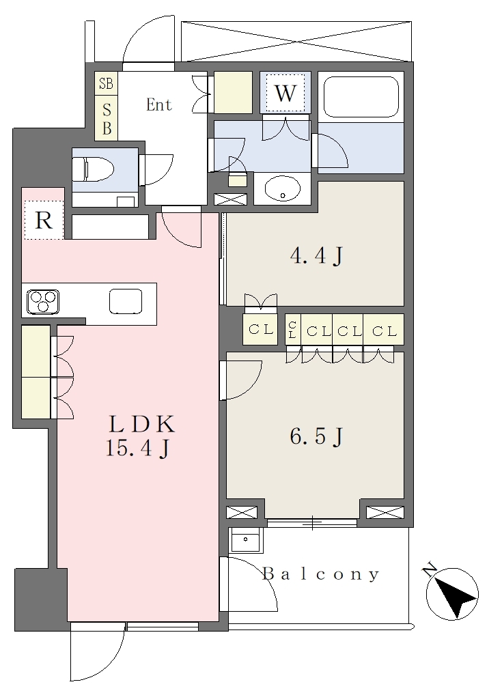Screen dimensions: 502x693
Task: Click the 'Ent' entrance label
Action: (158, 104)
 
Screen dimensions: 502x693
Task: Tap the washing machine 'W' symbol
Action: (285, 93)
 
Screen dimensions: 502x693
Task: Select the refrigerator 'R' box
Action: (44, 220)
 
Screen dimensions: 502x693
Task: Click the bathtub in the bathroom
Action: (361, 97)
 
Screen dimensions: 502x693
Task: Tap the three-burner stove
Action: (43, 301)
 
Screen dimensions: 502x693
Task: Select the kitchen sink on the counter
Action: (126, 301)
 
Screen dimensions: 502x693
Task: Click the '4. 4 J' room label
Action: (316, 255)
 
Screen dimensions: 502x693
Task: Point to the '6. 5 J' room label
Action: (316, 437)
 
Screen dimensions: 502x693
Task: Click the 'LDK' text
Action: (141, 424)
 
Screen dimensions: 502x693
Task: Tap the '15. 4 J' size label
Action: (137, 449)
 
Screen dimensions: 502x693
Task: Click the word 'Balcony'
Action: (320, 574)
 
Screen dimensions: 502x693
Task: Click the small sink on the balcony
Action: (245, 540)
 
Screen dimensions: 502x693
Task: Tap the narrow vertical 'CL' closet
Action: (292, 329)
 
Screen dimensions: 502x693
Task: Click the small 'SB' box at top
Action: (106, 83)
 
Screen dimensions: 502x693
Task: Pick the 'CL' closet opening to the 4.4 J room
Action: (260, 329)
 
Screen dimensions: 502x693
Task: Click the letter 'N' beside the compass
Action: (430, 569)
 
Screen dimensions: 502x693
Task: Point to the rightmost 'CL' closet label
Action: (384, 330)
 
